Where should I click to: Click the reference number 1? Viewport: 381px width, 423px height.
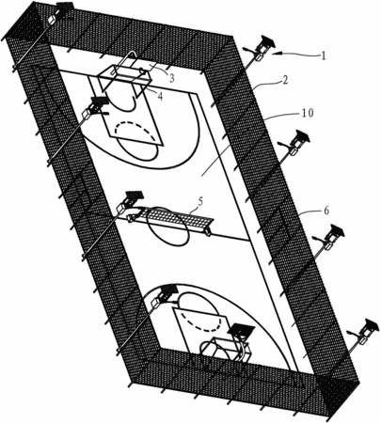[x=324, y=55]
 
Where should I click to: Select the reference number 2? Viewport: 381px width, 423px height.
[x=284, y=81]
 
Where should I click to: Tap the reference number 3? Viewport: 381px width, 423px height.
[x=172, y=78]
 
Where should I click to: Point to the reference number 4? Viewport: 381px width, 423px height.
[x=160, y=97]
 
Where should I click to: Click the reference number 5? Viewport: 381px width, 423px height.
[x=200, y=201]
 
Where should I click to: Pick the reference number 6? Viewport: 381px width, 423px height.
[x=326, y=211]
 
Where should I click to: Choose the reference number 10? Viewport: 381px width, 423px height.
[x=308, y=113]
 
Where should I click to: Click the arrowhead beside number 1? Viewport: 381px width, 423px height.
[x=276, y=55]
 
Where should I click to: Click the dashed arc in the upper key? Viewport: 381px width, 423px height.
[x=135, y=123]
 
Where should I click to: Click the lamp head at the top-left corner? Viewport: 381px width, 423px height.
[x=65, y=6]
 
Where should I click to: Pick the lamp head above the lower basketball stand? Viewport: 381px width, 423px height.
[x=241, y=330]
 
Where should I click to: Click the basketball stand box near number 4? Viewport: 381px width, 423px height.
[x=125, y=75]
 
